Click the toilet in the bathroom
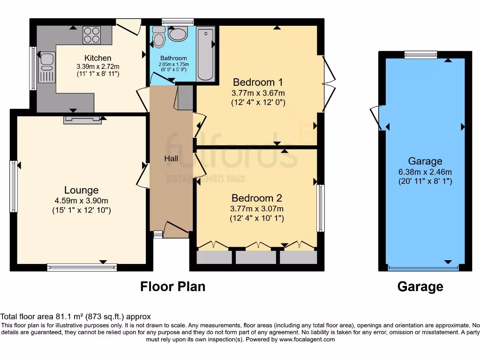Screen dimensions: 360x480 pos(159,37)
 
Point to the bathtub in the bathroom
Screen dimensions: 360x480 pos(206,54)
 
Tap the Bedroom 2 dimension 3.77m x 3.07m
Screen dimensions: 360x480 pos(257,209)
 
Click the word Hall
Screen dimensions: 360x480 pos(171,159)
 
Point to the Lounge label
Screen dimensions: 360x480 pos(82,190)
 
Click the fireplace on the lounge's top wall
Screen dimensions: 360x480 pos(82,120)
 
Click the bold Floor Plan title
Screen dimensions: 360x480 pos(172,286)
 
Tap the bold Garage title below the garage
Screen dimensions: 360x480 pos(420,286)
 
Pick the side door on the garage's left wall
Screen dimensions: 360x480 pos(377,118)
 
